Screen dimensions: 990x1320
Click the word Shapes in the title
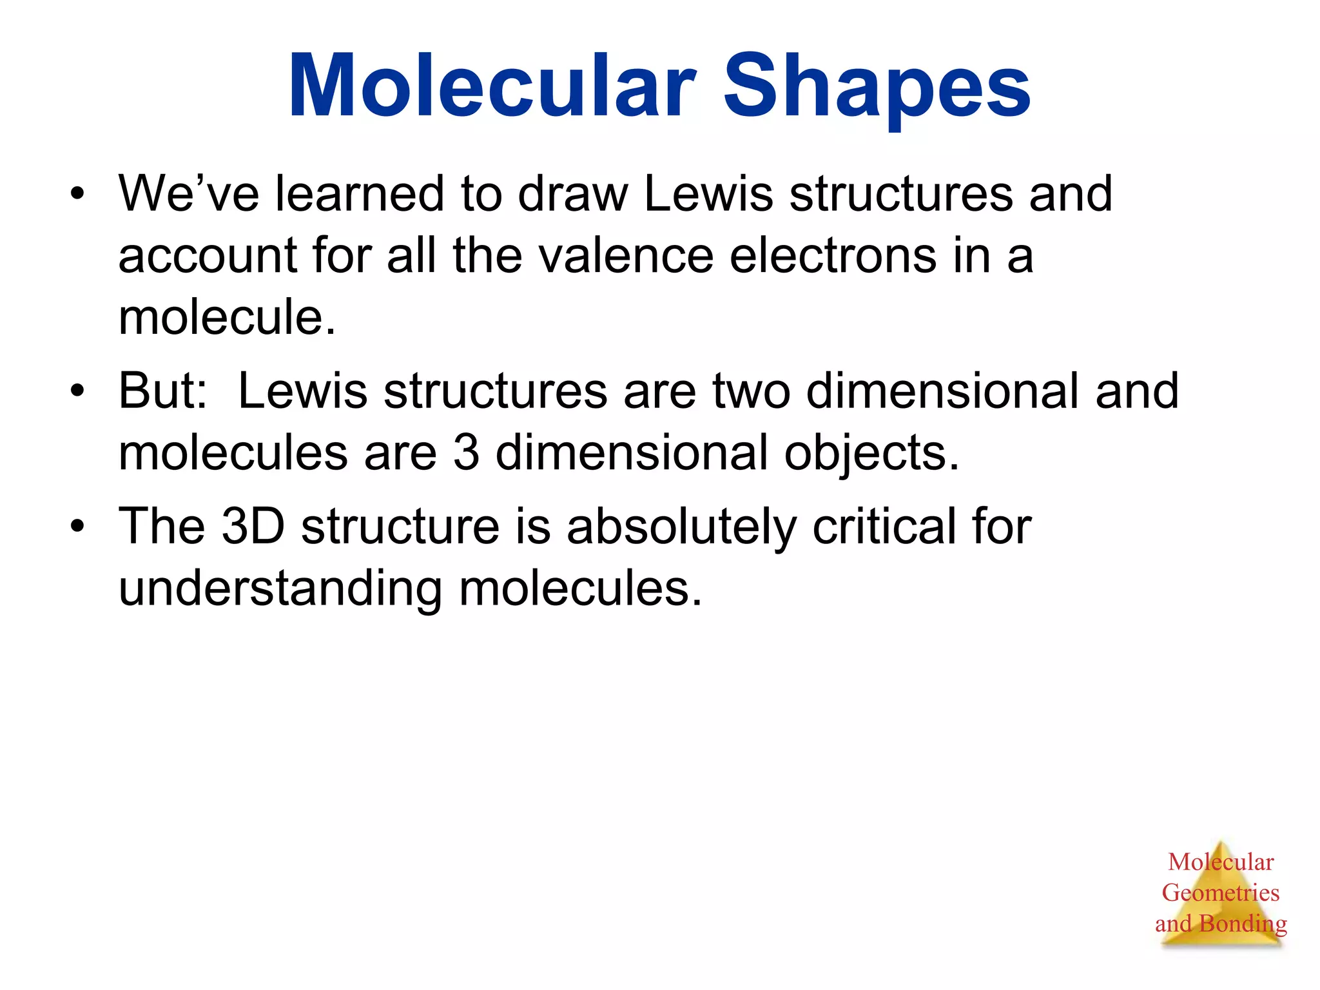tap(877, 87)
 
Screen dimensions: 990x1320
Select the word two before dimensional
tap(751, 391)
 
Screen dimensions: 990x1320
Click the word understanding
tap(280, 588)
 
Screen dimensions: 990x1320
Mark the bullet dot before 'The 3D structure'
tap(78, 527)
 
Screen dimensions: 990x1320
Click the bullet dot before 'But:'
tap(78, 391)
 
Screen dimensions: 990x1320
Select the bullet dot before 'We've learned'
tap(78, 193)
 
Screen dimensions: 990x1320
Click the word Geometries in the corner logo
tap(1220, 893)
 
